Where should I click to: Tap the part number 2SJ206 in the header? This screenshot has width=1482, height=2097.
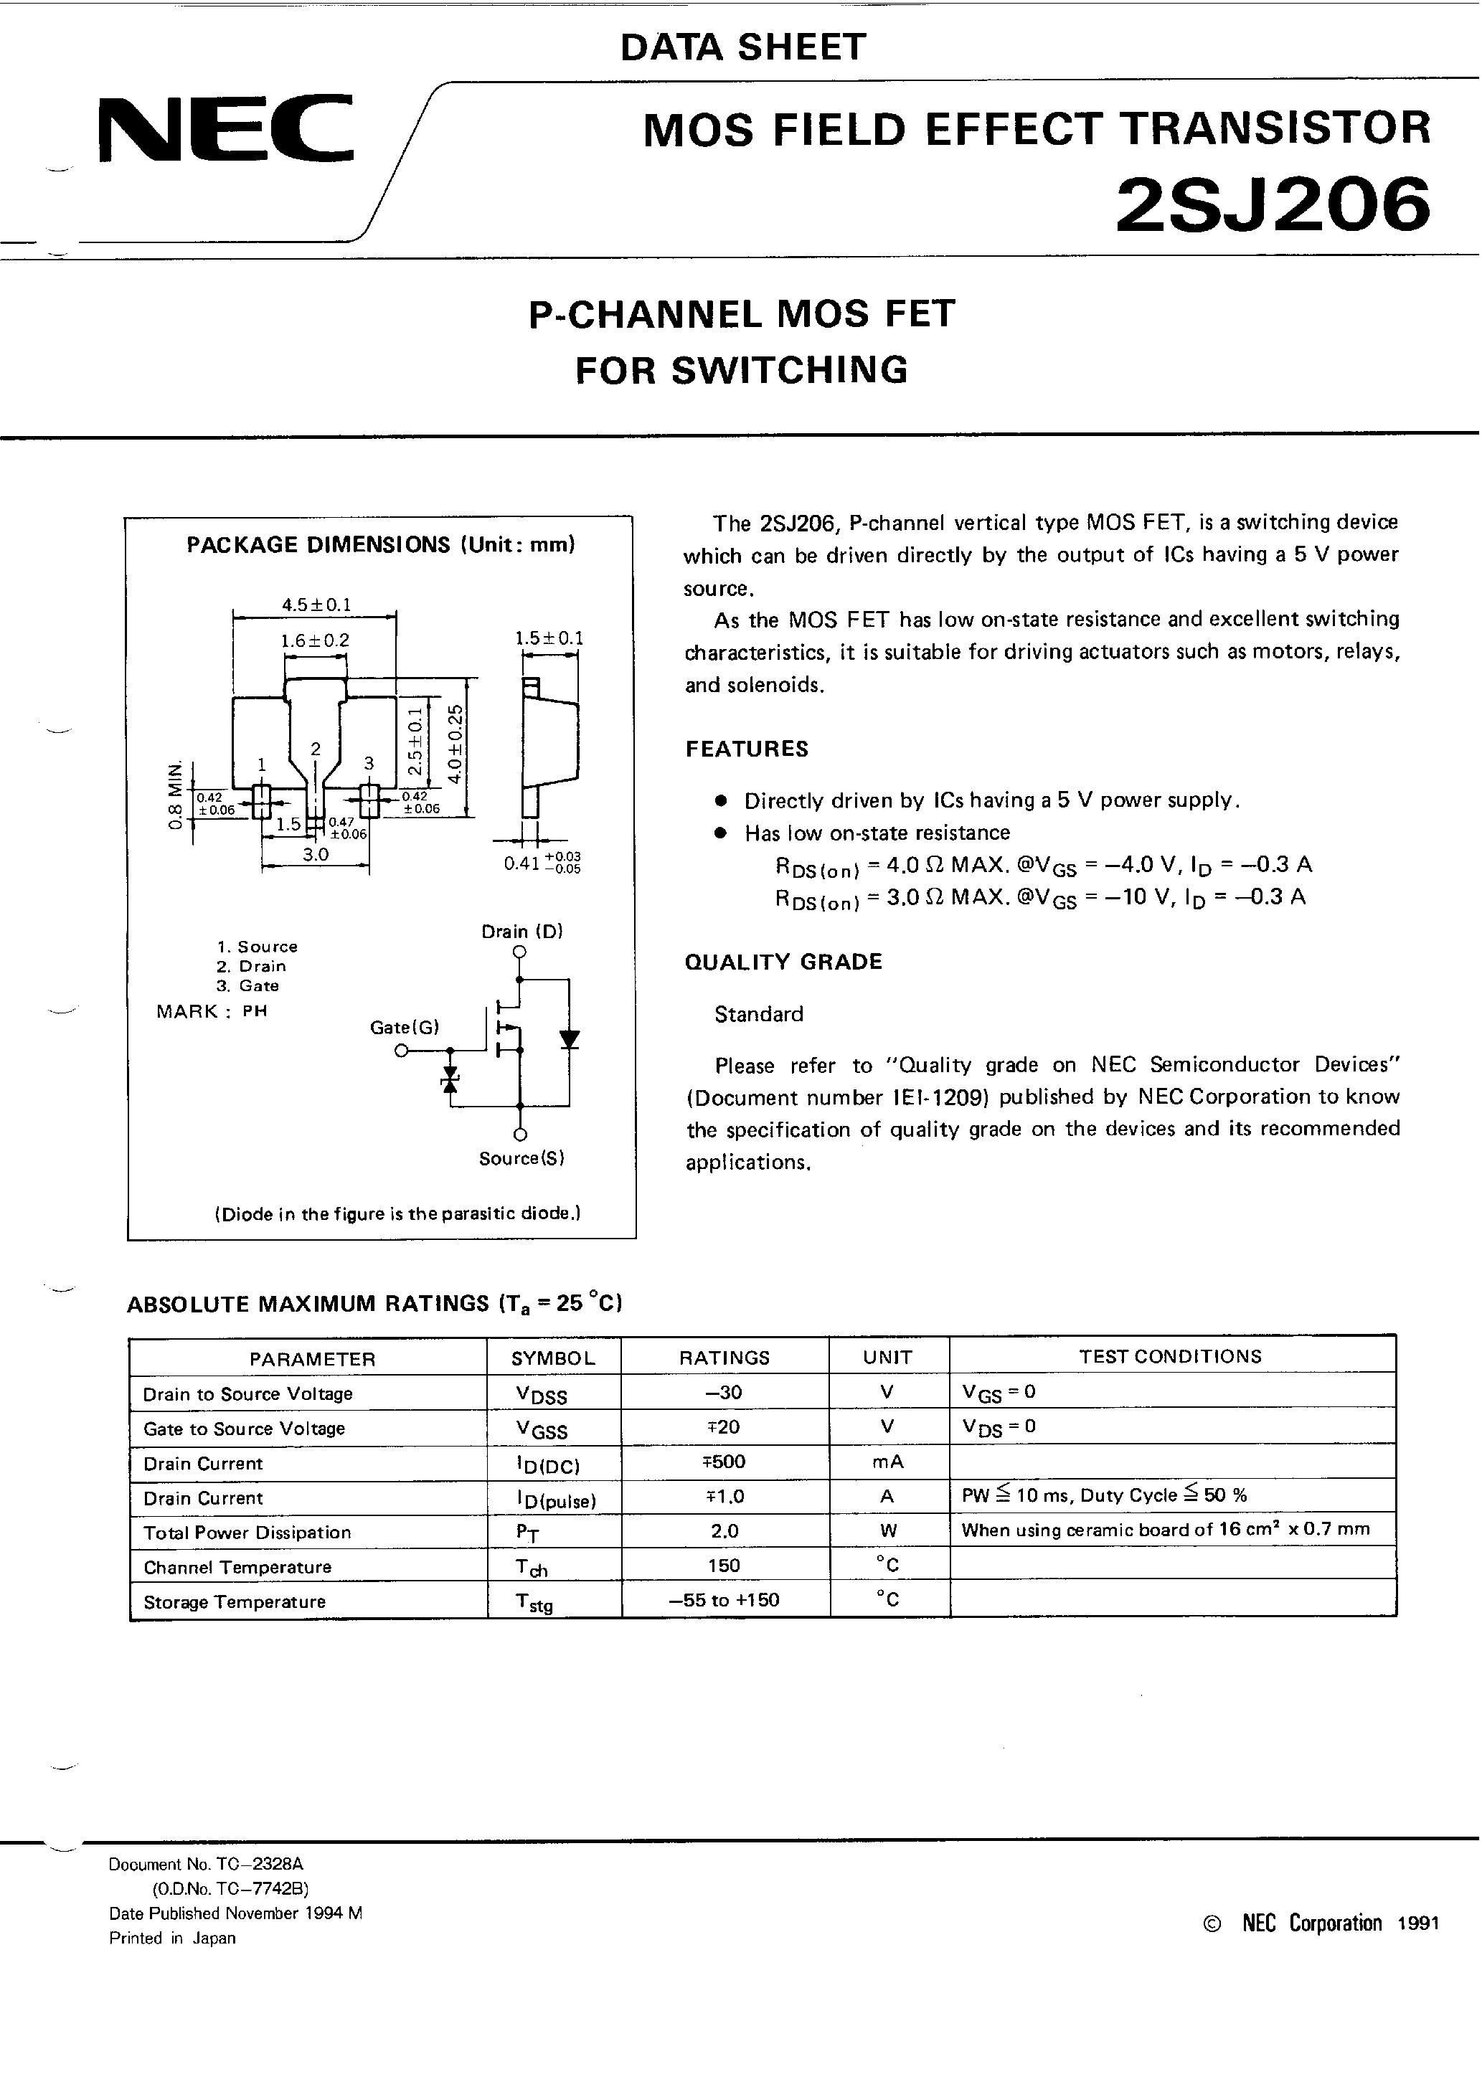pyautogui.click(x=1272, y=204)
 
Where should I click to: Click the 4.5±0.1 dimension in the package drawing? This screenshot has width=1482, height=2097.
pyautogui.click(x=316, y=605)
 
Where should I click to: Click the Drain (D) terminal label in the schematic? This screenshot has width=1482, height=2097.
pyautogui.click(x=521, y=932)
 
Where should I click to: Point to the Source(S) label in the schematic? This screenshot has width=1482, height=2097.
pyautogui.click(x=521, y=1158)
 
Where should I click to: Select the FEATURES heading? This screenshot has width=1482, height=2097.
pyautogui.click(x=747, y=749)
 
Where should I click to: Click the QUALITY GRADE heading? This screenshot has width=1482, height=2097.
pyautogui.click(x=783, y=962)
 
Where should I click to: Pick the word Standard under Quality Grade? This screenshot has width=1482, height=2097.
pyautogui.click(x=758, y=1014)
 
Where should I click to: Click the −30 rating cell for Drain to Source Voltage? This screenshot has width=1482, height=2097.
pyautogui.click(x=724, y=1392)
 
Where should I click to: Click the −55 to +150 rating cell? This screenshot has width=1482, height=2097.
pyautogui.click(x=724, y=1599)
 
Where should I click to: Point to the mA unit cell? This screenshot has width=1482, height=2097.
pyautogui.click(x=887, y=1462)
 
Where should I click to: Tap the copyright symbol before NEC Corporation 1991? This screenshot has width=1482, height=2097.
pyautogui.click(x=1212, y=1923)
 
